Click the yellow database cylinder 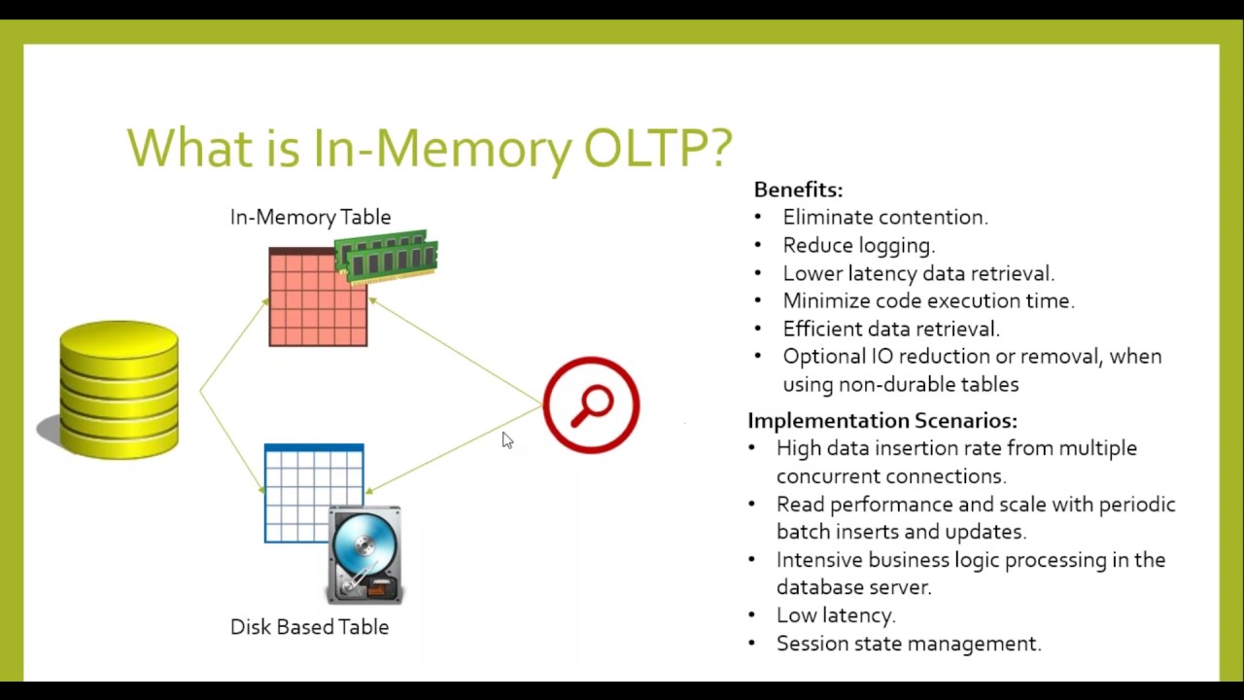[119, 389]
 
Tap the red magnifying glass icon [591, 404]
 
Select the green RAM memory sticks [387, 255]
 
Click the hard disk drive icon [365, 554]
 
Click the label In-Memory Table [310, 217]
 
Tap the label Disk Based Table [309, 627]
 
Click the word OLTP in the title [657, 148]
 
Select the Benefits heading [798, 190]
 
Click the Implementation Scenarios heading [882, 420]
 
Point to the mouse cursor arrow [506, 440]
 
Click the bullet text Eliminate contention [884, 218]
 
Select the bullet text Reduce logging [858, 246]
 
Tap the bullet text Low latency [835, 615]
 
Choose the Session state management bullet [908, 644]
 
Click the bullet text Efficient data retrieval [890, 329]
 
